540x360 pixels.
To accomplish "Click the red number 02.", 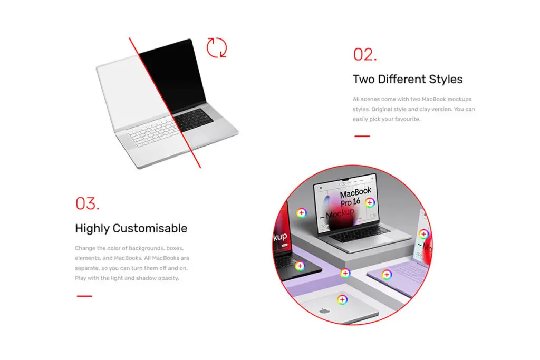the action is pyautogui.click(x=365, y=55).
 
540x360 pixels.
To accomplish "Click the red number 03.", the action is pyautogui.click(x=88, y=203).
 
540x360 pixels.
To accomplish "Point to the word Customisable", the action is pyautogui.click(x=150, y=228).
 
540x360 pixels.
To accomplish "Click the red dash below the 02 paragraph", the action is pyautogui.click(x=362, y=137).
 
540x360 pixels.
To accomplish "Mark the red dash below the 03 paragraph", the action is pyautogui.click(x=84, y=296).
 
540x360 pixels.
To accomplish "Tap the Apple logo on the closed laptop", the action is pyautogui.click(x=324, y=311).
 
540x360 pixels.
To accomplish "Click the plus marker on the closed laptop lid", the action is pyautogui.click(x=342, y=300).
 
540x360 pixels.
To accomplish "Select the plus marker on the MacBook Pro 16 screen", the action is pyautogui.click(x=370, y=203).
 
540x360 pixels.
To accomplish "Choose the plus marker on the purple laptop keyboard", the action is pyautogui.click(x=387, y=274).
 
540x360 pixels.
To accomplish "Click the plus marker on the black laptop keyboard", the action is pyautogui.click(x=300, y=266).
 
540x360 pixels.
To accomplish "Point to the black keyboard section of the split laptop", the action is pyautogui.click(x=193, y=120).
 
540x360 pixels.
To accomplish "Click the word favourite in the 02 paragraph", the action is pyautogui.click(x=408, y=119).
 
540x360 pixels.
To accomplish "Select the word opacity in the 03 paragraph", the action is pyautogui.click(x=168, y=278).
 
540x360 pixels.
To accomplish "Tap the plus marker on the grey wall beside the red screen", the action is pyautogui.click(x=302, y=213).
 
